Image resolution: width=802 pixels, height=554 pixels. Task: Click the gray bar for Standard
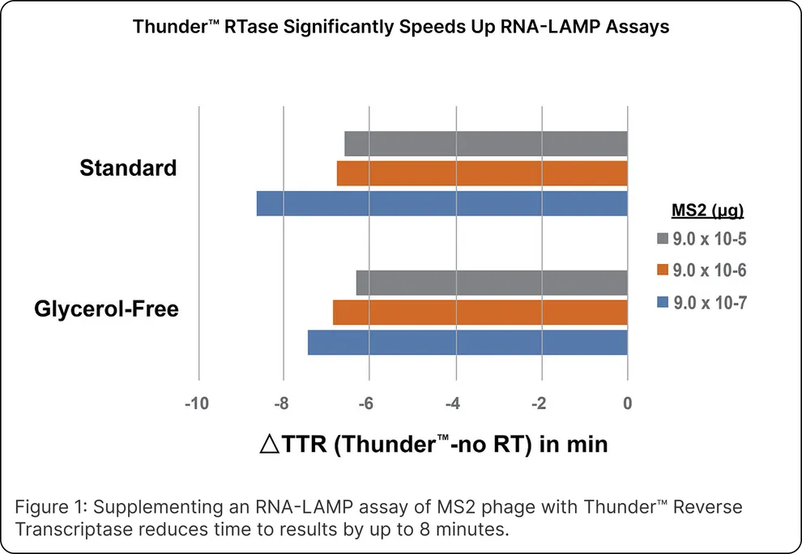pyautogui.click(x=486, y=143)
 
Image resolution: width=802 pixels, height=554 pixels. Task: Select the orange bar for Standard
pyautogui.click(x=482, y=173)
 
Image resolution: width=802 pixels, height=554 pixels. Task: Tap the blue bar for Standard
pyautogui.click(x=442, y=203)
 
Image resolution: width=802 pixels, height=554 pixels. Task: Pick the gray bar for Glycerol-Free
pyautogui.click(x=492, y=283)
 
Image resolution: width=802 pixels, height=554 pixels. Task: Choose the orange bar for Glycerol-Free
pyautogui.click(x=480, y=312)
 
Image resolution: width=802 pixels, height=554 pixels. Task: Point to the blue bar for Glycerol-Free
pyautogui.click(x=467, y=342)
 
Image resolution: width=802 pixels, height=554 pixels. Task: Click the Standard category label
pyautogui.click(x=128, y=168)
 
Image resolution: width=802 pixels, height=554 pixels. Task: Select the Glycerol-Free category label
pyautogui.click(x=106, y=309)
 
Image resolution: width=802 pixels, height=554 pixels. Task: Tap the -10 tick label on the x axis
pyautogui.click(x=198, y=404)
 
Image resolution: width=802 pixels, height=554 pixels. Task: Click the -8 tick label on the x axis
pyautogui.click(x=284, y=404)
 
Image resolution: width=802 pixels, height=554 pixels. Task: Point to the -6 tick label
pyautogui.click(x=369, y=404)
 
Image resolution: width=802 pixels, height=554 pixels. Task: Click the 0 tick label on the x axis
pyautogui.click(x=628, y=404)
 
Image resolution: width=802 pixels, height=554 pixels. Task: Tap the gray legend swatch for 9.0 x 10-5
pyautogui.click(x=662, y=240)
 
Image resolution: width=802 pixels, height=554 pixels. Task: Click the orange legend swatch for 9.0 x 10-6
pyautogui.click(x=662, y=271)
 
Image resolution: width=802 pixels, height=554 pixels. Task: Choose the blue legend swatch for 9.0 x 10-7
pyautogui.click(x=662, y=302)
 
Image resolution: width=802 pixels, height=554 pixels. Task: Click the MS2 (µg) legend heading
pyautogui.click(x=708, y=211)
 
